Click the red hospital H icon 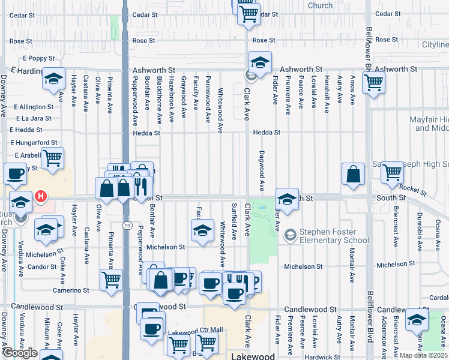(41, 196)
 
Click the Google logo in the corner (19, 353)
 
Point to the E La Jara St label (34, 118)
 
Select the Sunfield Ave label (234, 221)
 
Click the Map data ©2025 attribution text (423, 355)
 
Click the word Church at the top (320, 5)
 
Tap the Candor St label (42, 266)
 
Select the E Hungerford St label (34, 143)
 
